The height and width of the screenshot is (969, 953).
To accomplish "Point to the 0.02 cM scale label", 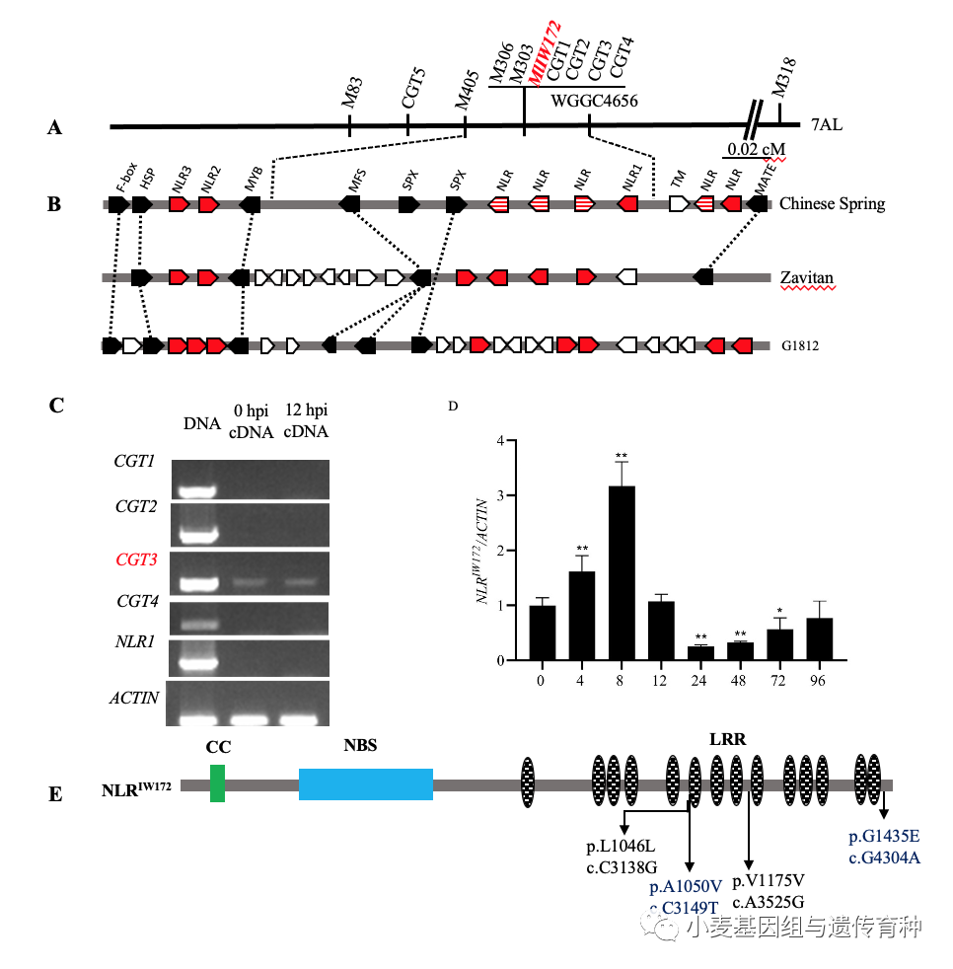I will (x=754, y=150).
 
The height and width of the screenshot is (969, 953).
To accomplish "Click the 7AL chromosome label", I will (x=826, y=126).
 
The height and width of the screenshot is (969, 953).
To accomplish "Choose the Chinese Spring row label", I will (x=832, y=204).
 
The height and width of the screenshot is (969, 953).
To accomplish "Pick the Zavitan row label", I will (x=807, y=279).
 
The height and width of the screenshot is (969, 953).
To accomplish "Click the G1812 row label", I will (x=802, y=346).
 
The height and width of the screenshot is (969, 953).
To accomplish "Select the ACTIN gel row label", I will (x=135, y=698).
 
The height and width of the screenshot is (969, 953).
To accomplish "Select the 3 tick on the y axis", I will (x=501, y=496).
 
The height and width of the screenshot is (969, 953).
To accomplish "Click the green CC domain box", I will (x=217, y=783).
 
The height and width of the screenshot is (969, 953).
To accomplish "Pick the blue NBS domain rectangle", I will (x=366, y=784).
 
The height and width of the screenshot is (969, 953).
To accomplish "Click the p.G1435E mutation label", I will (x=884, y=838).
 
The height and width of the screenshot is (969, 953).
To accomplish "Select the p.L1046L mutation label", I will (x=622, y=849).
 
